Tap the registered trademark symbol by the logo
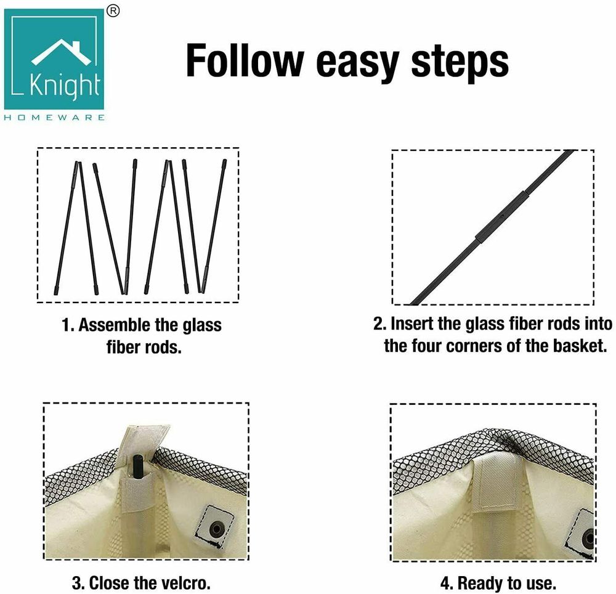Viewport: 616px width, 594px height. (113, 11)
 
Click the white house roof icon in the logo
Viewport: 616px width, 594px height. (61, 51)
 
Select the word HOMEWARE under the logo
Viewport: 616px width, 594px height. (54, 118)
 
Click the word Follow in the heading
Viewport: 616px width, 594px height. (245, 61)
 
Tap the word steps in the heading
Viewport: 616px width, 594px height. (460, 63)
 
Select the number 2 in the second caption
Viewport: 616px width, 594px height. (379, 323)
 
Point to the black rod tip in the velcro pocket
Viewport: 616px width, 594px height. (137, 466)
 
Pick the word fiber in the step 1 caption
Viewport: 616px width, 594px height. (124, 347)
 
